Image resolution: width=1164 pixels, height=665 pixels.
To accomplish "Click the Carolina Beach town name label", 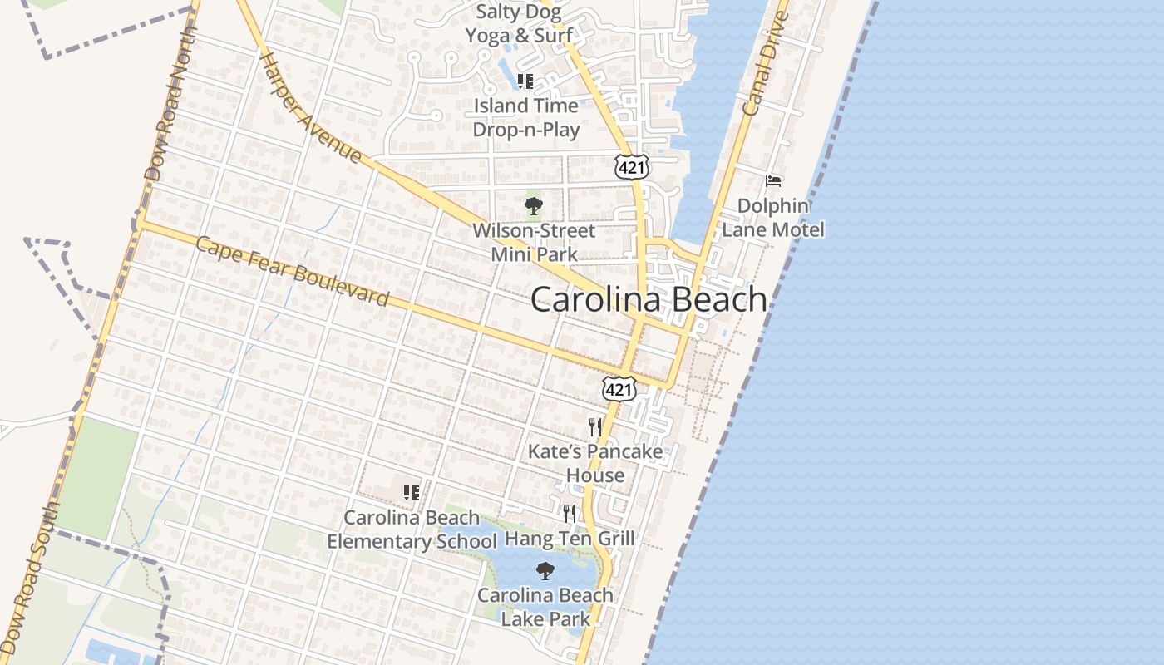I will pyautogui.click(x=649, y=300).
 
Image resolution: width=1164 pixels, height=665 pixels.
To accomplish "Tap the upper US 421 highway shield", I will pyautogui.click(x=632, y=167).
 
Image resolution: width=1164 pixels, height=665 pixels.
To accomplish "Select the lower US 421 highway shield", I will pyautogui.click(x=619, y=388).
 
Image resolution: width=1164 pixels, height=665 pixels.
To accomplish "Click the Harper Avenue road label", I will pyautogui.click(x=310, y=108).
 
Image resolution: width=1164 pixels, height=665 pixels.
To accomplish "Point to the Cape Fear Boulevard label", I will pyautogui.click(x=293, y=272).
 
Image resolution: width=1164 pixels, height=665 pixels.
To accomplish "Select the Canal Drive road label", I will pyautogui.click(x=765, y=64).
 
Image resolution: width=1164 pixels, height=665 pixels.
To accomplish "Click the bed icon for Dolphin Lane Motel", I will pyautogui.click(x=773, y=180).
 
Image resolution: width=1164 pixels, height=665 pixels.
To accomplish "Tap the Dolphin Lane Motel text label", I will pyautogui.click(x=773, y=217).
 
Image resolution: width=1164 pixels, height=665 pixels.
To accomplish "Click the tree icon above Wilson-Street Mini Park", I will pyautogui.click(x=534, y=205).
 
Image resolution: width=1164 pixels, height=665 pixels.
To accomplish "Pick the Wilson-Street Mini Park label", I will pyautogui.click(x=534, y=242).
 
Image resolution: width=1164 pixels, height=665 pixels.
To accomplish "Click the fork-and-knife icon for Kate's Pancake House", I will pyautogui.click(x=595, y=427).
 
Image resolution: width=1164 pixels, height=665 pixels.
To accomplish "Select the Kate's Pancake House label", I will pyautogui.click(x=595, y=463).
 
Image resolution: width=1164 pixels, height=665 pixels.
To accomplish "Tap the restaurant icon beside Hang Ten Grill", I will pyautogui.click(x=570, y=513).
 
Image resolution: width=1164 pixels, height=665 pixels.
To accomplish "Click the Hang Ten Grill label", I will pyautogui.click(x=570, y=539).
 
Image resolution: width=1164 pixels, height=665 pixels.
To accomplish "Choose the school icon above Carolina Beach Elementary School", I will pyautogui.click(x=411, y=492).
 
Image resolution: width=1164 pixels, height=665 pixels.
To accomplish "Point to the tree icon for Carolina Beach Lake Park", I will pyautogui.click(x=545, y=571).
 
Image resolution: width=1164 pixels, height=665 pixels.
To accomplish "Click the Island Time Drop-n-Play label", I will pyautogui.click(x=525, y=117).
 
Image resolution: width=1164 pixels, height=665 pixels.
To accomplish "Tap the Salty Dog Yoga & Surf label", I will pyautogui.click(x=519, y=23).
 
